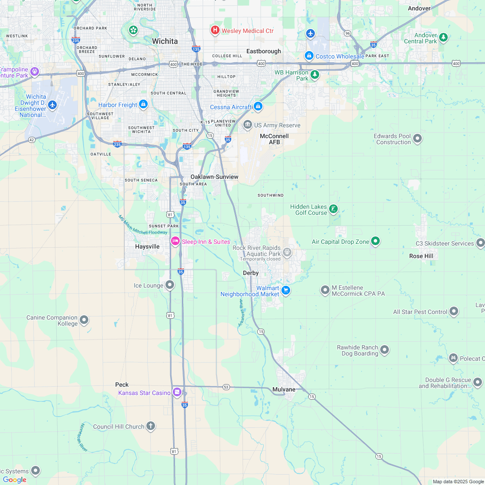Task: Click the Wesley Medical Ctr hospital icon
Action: (x=215, y=30)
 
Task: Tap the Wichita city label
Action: (x=165, y=41)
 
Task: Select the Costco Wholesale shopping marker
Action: (x=309, y=56)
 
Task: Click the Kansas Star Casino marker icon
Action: (x=177, y=392)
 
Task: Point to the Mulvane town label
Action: (x=284, y=389)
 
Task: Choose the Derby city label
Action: (x=251, y=273)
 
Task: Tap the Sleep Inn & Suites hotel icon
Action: (x=175, y=241)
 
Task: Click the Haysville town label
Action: (x=147, y=246)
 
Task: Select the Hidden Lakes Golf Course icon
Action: (x=333, y=209)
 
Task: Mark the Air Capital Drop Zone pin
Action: (x=375, y=241)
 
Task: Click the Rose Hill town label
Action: (x=421, y=256)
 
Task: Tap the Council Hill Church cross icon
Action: (x=150, y=426)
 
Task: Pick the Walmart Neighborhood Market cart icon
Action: (x=285, y=291)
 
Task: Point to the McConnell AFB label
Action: (x=274, y=139)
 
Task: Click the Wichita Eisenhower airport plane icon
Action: (x=53, y=105)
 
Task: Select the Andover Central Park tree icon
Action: (x=443, y=38)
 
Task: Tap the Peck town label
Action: (x=122, y=385)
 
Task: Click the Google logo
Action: (x=14, y=479)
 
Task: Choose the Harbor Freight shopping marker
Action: (x=143, y=104)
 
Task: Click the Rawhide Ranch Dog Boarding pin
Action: (x=384, y=350)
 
